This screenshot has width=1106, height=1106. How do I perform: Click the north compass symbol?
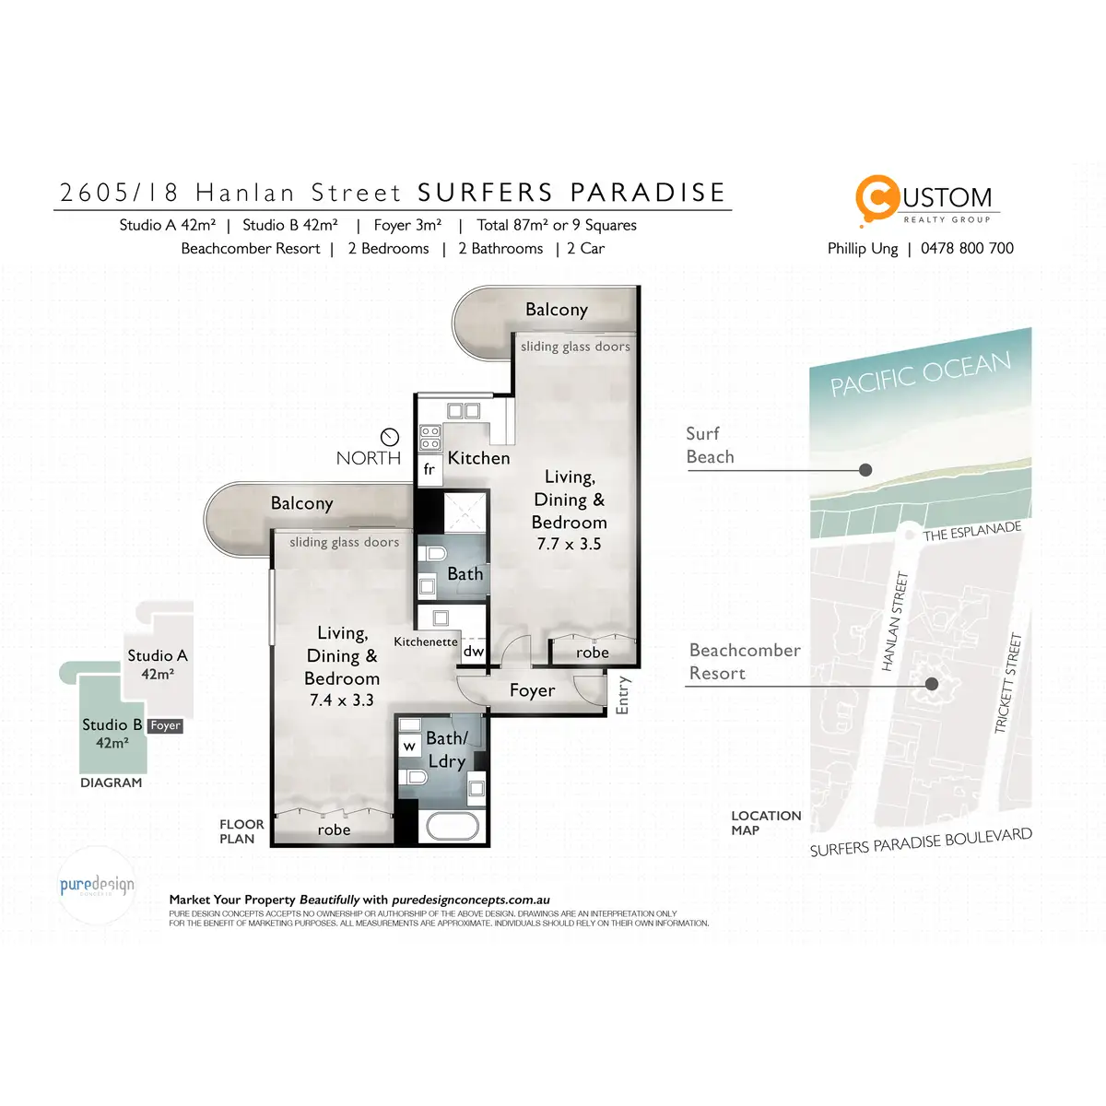[x=390, y=437]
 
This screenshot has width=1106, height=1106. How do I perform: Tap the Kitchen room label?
[x=478, y=458]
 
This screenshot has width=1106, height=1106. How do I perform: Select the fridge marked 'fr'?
[x=429, y=470]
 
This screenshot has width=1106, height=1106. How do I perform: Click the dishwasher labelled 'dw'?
[x=474, y=652]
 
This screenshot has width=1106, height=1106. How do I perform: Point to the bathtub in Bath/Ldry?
[x=450, y=826]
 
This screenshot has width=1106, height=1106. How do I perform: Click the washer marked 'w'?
[x=409, y=746]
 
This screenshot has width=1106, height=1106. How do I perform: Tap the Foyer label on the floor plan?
[x=532, y=690]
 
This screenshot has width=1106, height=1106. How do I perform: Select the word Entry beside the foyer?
[x=623, y=695]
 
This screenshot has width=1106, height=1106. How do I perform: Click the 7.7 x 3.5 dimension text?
[x=569, y=544]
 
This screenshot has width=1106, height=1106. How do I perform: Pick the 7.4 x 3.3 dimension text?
[x=341, y=700]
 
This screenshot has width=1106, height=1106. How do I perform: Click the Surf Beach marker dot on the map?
[x=865, y=470]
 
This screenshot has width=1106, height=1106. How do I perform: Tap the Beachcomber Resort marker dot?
[x=932, y=684]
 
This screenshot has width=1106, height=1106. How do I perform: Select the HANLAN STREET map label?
[x=896, y=621]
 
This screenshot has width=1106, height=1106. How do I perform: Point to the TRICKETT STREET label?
[x=1009, y=682]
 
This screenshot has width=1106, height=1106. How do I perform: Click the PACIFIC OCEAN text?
[x=920, y=373]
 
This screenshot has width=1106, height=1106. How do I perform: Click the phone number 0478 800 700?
[x=967, y=249]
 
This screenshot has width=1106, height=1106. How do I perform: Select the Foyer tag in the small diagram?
[x=166, y=726]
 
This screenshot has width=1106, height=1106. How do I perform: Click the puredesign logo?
[x=97, y=886]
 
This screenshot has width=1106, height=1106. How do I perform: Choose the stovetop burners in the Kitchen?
[x=430, y=437]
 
